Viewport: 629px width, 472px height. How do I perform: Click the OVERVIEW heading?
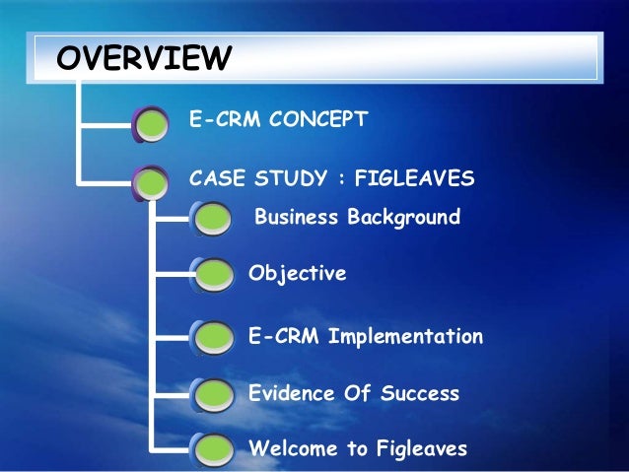tap(144, 58)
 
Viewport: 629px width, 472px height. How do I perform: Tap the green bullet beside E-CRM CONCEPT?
tap(153, 123)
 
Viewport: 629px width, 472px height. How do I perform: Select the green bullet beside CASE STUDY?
tap(153, 180)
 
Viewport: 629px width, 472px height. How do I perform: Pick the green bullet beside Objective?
tap(213, 276)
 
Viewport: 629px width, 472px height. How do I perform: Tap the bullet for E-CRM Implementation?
tap(213, 338)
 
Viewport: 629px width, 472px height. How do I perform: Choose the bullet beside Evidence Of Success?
tap(213, 395)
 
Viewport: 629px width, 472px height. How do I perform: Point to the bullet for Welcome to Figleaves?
tap(213, 451)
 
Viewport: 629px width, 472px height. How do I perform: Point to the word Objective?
tap(298, 274)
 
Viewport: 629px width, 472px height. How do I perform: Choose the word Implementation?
tap(405, 336)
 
